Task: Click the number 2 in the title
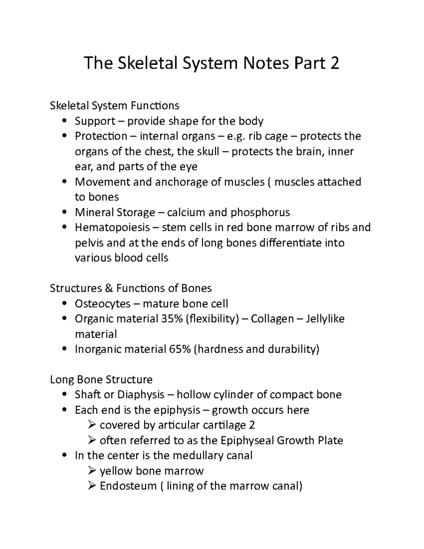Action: coord(334,63)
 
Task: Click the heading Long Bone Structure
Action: coord(101,380)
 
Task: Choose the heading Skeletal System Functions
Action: coord(114,106)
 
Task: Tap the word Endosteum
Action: coord(128,486)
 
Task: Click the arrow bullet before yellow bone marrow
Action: coord(92,471)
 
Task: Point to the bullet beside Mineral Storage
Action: coord(64,212)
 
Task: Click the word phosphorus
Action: coord(260,212)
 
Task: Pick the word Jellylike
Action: coord(325,319)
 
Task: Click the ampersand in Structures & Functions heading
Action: coord(108,288)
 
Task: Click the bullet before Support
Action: coord(64,121)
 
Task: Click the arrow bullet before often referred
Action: coord(92,440)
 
